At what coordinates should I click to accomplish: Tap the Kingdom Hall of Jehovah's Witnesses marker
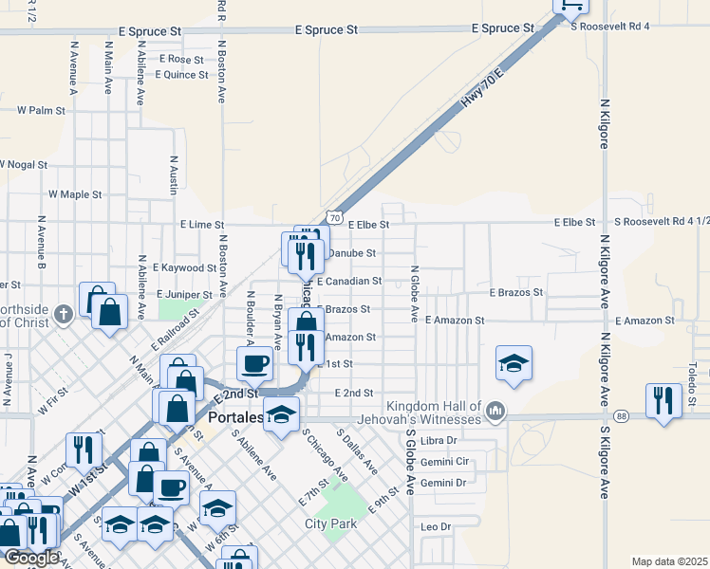point(495,411)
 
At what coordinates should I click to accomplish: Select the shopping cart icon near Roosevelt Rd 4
point(571,5)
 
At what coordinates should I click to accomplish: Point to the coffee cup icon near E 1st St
point(254,363)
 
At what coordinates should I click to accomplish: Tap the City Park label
point(329,523)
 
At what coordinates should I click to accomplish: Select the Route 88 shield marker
point(621,415)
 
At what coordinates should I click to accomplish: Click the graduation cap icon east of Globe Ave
point(514,363)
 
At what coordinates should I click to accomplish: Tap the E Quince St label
point(180,74)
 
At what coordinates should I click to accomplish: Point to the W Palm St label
point(40,110)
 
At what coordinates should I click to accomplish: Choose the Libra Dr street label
point(439,441)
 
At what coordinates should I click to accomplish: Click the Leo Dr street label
point(434,526)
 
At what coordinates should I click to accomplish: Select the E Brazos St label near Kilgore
point(515,293)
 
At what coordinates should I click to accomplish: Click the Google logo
point(30,558)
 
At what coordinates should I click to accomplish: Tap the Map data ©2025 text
point(669,561)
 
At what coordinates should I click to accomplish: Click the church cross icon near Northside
point(64,314)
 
